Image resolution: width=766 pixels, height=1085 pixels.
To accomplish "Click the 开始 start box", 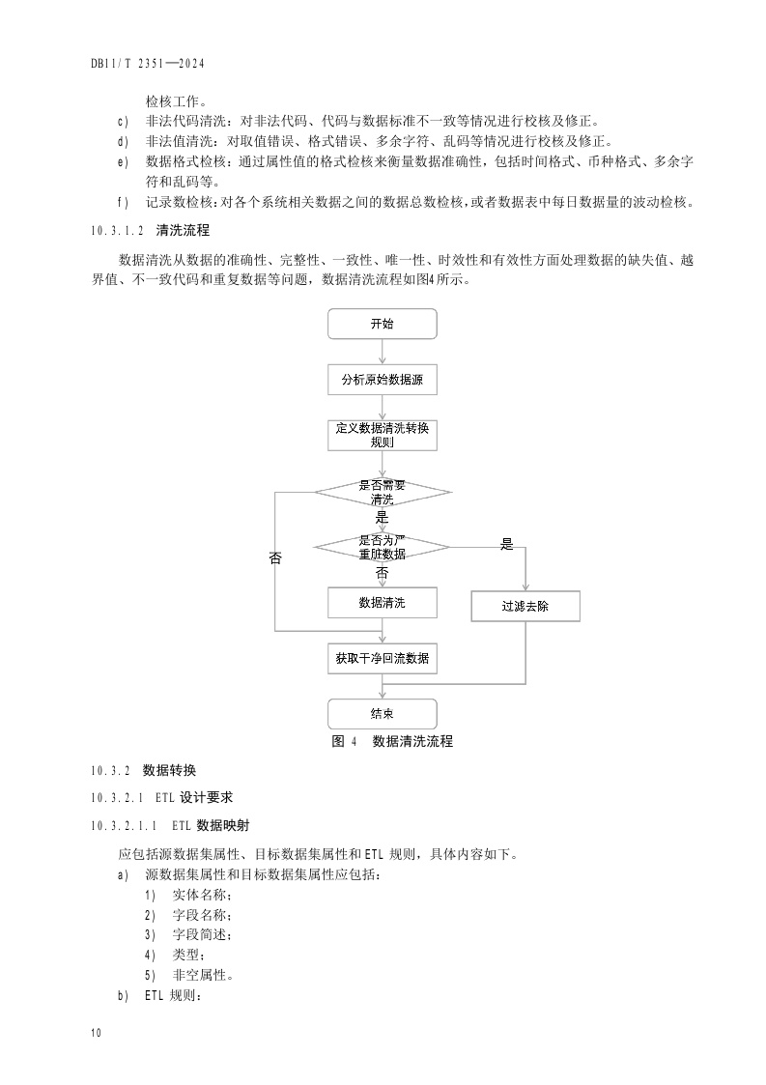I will click(x=383, y=324).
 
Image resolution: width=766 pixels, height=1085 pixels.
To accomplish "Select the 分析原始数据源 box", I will click(x=383, y=381).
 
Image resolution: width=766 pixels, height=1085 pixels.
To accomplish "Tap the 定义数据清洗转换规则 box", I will click(x=383, y=435).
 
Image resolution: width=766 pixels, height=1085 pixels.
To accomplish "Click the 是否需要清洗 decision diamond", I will click(x=383, y=492).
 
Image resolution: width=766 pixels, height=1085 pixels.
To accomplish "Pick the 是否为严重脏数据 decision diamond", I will click(x=383, y=547).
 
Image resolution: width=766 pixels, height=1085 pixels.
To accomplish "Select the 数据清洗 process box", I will click(x=383, y=603).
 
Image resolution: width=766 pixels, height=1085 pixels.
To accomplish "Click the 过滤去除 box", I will click(x=526, y=607).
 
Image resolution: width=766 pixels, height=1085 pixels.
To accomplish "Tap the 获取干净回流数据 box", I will click(x=383, y=659).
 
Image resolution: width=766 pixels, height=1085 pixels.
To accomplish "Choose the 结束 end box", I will click(x=383, y=714).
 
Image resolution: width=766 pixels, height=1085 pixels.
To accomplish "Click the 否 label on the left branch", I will click(x=275, y=558).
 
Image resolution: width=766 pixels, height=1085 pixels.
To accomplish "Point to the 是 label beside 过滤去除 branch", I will click(x=506, y=545).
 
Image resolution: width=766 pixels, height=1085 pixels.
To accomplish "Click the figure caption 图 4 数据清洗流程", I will click(x=392, y=742).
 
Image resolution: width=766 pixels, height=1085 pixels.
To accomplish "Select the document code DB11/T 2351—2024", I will click(x=150, y=64).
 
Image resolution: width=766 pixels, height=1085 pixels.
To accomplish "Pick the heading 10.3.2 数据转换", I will click(x=143, y=771).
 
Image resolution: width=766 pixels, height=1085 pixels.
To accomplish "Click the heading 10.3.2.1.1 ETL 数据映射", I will click(x=172, y=826).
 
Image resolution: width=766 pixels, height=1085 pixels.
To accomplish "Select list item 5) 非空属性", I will click(x=187, y=975).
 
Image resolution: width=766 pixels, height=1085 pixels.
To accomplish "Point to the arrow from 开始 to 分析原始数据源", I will click(x=383, y=353).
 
